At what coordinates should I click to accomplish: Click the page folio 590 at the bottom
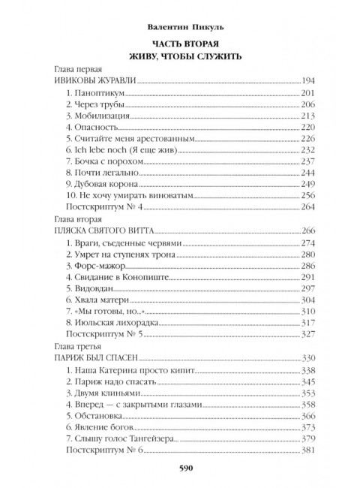[x=181, y=470]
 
